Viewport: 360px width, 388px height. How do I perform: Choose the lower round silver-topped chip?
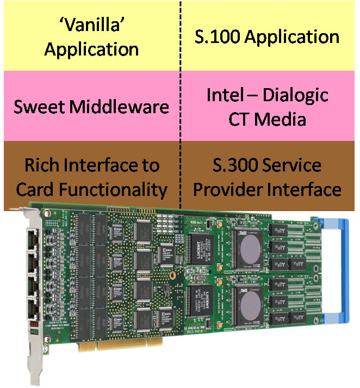[247, 303]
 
